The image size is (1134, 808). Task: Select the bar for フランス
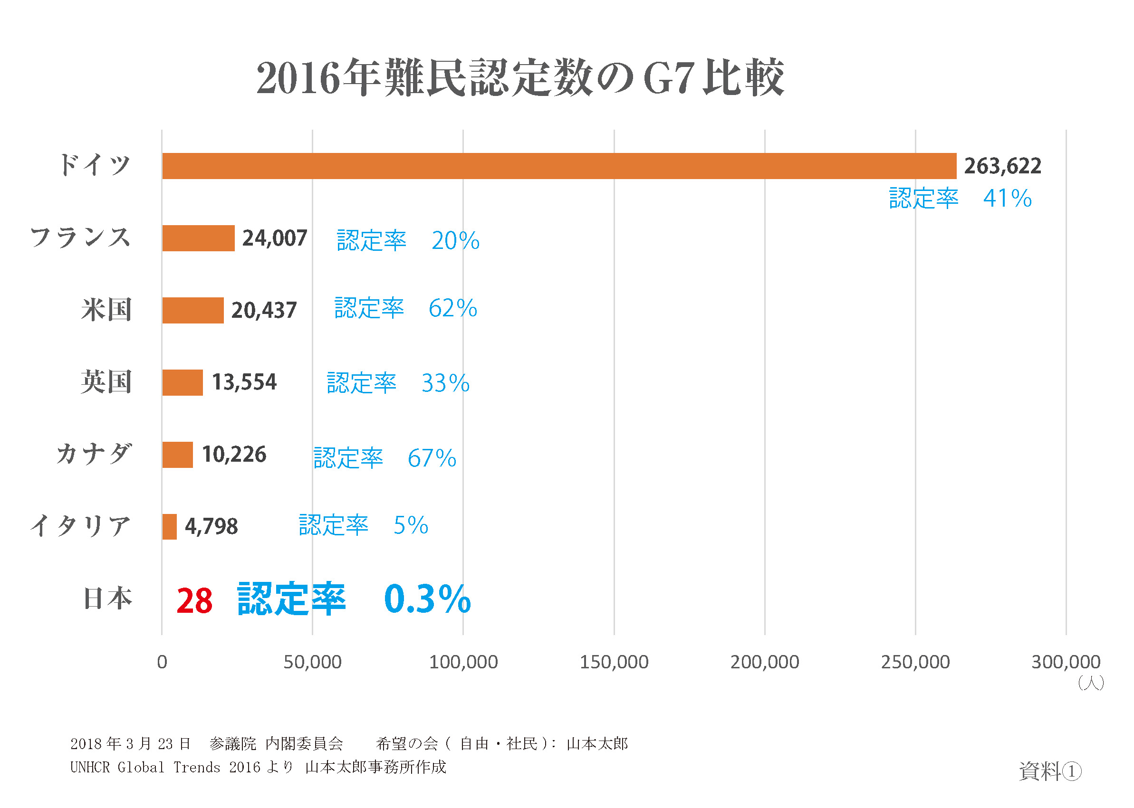pyautogui.click(x=198, y=238)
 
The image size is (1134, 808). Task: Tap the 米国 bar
pyautogui.click(x=192, y=311)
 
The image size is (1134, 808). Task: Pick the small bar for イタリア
pyautogui.click(x=169, y=526)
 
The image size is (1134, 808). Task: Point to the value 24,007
pyautogui.click(x=274, y=238)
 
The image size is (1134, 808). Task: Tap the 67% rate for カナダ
pyautogui.click(x=431, y=458)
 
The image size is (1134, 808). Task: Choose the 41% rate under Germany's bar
pyautogui.click(x=1007, y=199)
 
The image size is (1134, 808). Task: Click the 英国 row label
pyautogui.click(x=106, y=382)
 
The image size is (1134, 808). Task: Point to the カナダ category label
pyautogui.click(x=94, y=454)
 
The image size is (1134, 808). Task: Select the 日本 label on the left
pyautogui.click(x=107, y=599)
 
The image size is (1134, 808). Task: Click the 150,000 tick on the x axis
pyautogui.click(x=614, y=662)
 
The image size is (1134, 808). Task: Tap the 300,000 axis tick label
pyautogui.click(x=1065, y=662)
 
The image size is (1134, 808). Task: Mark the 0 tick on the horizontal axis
pyautogui.click(x=162, y=662)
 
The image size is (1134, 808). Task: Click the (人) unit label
pyautogui.click(x=1090, y=683)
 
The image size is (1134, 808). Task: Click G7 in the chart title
pyautogui.click(x=668, y=78)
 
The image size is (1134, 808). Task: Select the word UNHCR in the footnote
pyautogui.click(x=90, y=767)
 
